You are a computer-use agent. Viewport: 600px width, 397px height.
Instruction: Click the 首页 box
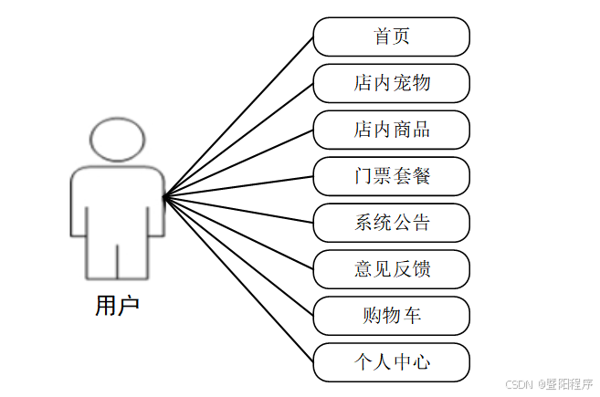point(391,37)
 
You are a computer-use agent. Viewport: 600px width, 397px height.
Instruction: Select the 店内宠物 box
point(391,84)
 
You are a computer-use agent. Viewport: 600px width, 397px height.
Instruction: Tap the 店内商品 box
point(391,130)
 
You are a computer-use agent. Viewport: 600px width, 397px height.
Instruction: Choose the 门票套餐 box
point(391,176)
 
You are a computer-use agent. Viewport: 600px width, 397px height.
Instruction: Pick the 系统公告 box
point(391,223)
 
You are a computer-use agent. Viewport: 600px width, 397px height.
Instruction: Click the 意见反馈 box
point(391,269)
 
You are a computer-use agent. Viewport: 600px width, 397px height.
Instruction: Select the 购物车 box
point(391,316)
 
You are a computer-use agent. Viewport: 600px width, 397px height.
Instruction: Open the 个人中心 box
point(391,362)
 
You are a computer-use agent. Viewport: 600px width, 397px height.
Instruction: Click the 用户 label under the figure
point(117,306)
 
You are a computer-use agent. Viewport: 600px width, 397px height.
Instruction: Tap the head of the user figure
point(118,139)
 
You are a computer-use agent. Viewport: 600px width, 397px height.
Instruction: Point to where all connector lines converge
point(164,195)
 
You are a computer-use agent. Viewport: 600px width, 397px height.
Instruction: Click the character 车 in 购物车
point(412,316)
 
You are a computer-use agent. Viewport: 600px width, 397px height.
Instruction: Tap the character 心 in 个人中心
point(421,362)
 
